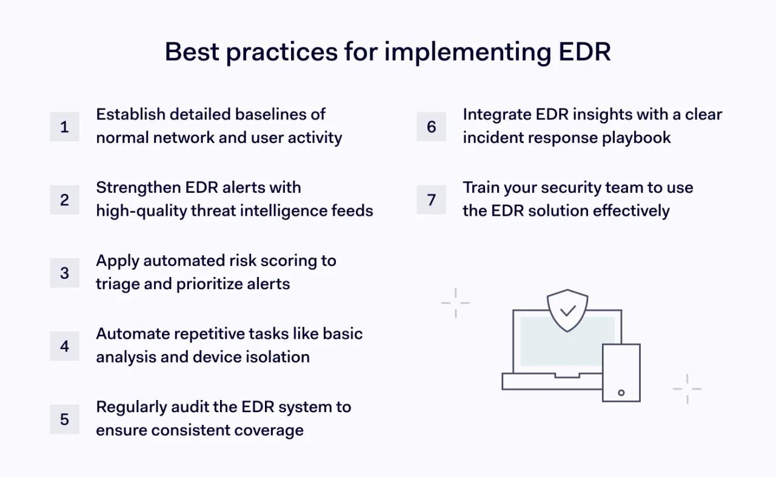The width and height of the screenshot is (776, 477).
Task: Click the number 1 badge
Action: click(64, 127)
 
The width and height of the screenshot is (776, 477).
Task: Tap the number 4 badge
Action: click(64, 346)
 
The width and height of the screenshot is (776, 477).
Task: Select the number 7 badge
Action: click(431, 200)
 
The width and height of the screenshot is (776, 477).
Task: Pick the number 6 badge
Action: click(431, 127)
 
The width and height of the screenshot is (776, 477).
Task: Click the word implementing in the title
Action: click(467, 52)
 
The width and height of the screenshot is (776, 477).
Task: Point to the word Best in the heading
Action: click(191, 52)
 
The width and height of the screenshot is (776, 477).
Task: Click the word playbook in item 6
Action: click(636, 138)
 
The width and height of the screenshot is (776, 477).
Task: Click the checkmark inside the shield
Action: click(567, 311)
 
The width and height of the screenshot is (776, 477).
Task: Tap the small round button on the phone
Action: click(621, 392)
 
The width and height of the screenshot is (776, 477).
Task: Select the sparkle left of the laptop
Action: click(455, 302)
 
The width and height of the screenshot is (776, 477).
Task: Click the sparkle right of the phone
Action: click(687, 389)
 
